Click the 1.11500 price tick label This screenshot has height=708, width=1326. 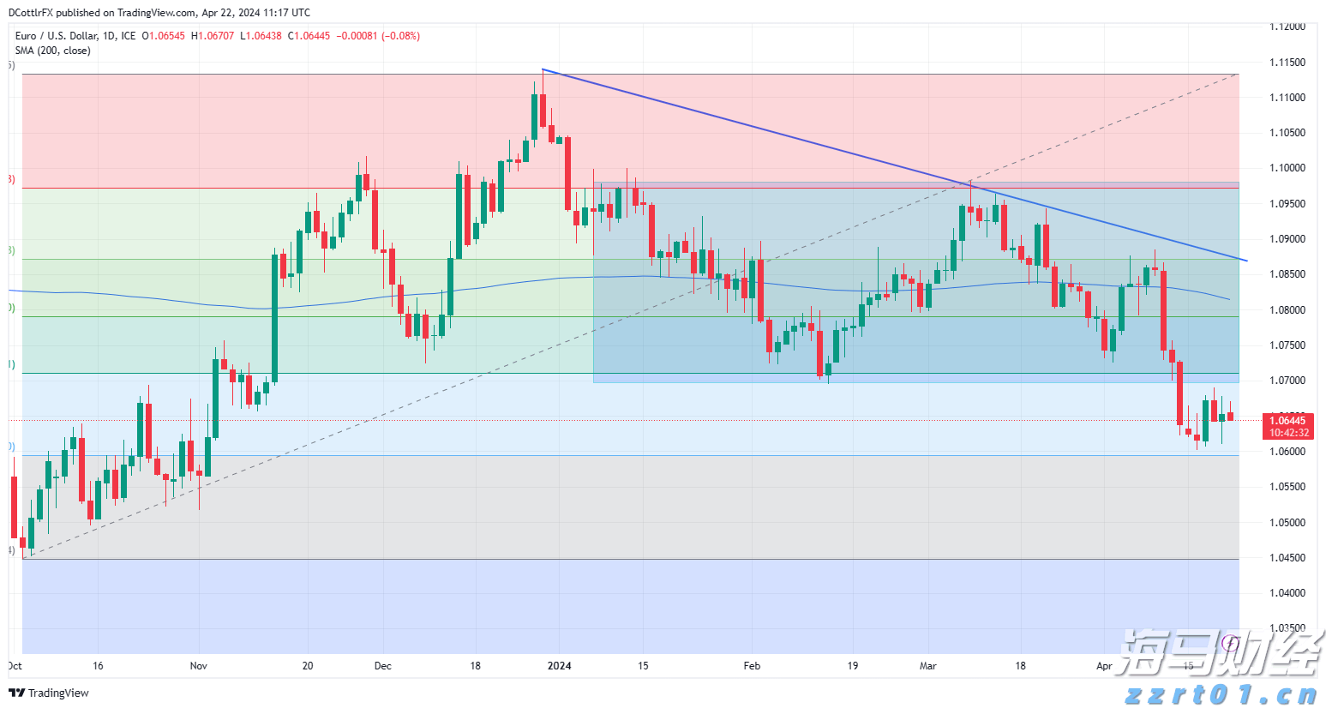1287,63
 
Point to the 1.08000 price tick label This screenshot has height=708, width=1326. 1287,310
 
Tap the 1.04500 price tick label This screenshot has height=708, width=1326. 1287,558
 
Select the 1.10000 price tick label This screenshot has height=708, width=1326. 1287,168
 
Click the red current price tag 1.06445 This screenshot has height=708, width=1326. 1287,420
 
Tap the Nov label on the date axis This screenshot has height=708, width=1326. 199,666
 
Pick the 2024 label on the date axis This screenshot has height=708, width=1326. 560,666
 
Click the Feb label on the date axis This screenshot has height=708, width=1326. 752,666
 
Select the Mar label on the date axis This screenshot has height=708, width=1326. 928,666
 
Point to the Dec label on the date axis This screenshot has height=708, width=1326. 383,666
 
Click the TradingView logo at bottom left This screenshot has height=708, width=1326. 49,693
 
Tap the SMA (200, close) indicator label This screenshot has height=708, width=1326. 52,51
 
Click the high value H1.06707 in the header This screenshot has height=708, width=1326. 213,36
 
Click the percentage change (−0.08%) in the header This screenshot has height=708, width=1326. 400,36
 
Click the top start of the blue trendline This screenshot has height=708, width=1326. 543,69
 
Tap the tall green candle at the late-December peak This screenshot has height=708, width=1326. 535,116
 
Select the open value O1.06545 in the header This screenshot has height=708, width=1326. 164,36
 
